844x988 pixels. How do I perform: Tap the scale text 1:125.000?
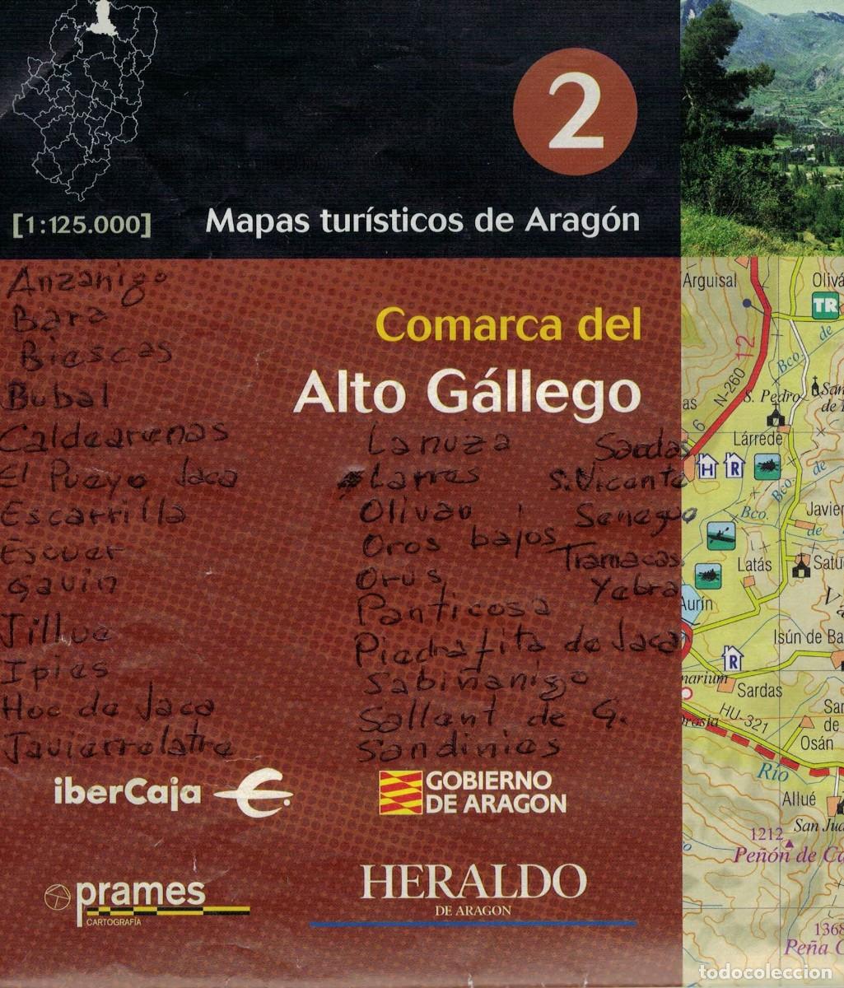(82, 223)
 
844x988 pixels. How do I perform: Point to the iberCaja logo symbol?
(253, 795)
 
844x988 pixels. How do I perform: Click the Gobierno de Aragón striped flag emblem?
(400, 792)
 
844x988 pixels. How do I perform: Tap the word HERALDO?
(473, 882)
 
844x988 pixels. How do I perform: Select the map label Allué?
(799, 799)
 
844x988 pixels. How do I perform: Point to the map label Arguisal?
(709, 281)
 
